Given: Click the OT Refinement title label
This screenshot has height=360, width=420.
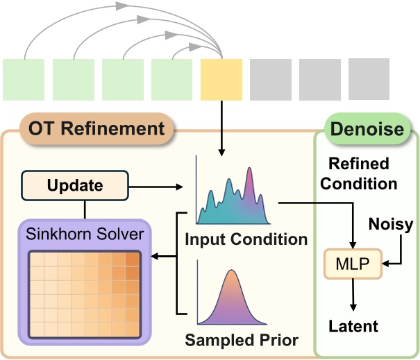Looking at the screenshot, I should (x=96, y=129).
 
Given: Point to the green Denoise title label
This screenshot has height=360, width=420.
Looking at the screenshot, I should (x=367, y=129).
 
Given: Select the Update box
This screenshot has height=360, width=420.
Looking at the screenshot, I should (x=75, y=186).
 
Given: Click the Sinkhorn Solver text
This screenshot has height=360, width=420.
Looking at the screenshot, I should (x=85, y=234).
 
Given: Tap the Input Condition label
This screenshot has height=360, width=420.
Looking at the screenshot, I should (x=246, y=240).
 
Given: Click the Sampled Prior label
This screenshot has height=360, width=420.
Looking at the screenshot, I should (x=241, y=341).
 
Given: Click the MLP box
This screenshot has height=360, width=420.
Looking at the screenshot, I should (x=354, y=264).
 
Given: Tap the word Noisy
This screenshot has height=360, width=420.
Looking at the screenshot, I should (x=391, y=224).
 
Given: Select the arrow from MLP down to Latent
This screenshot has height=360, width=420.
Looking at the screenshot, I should (x=354, y=294).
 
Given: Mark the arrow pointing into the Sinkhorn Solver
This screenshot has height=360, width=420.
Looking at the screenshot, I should (x=164, y=257).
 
